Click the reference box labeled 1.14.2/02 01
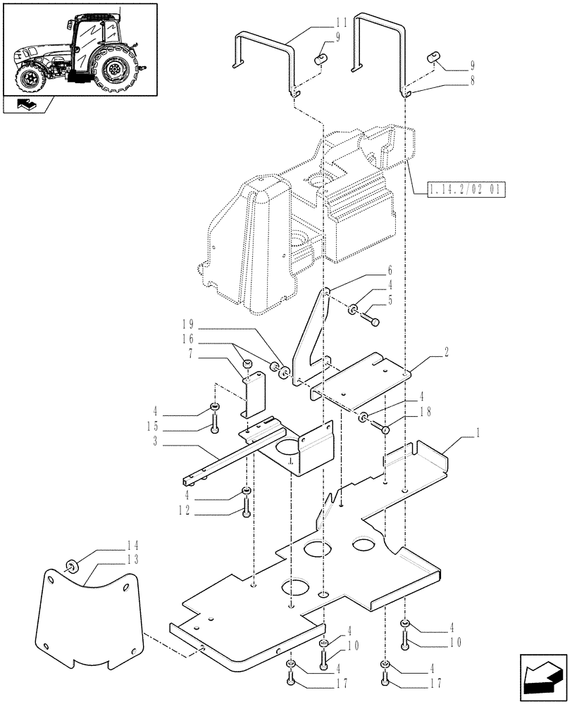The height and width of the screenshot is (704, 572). pyautogui.click(x=466, y=189)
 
